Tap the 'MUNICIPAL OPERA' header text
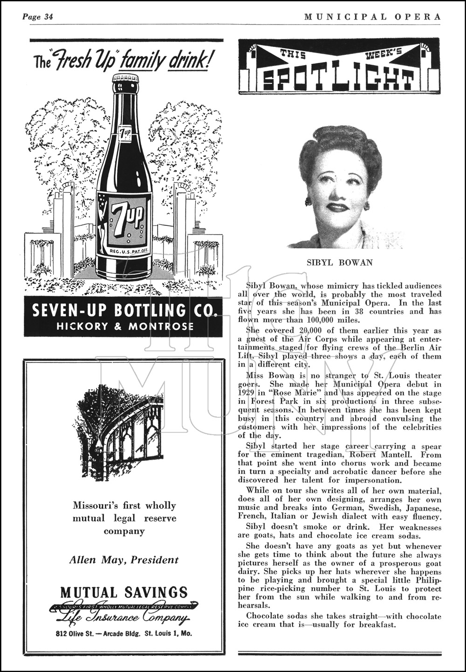(x=372, y=17)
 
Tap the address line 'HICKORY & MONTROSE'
(x=124, y=326)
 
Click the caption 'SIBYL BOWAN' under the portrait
(x=340, y=262)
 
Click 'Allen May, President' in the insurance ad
(x=123, y=560)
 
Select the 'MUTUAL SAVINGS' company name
(x=123, y=592)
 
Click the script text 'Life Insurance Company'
(x=123, y=618)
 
